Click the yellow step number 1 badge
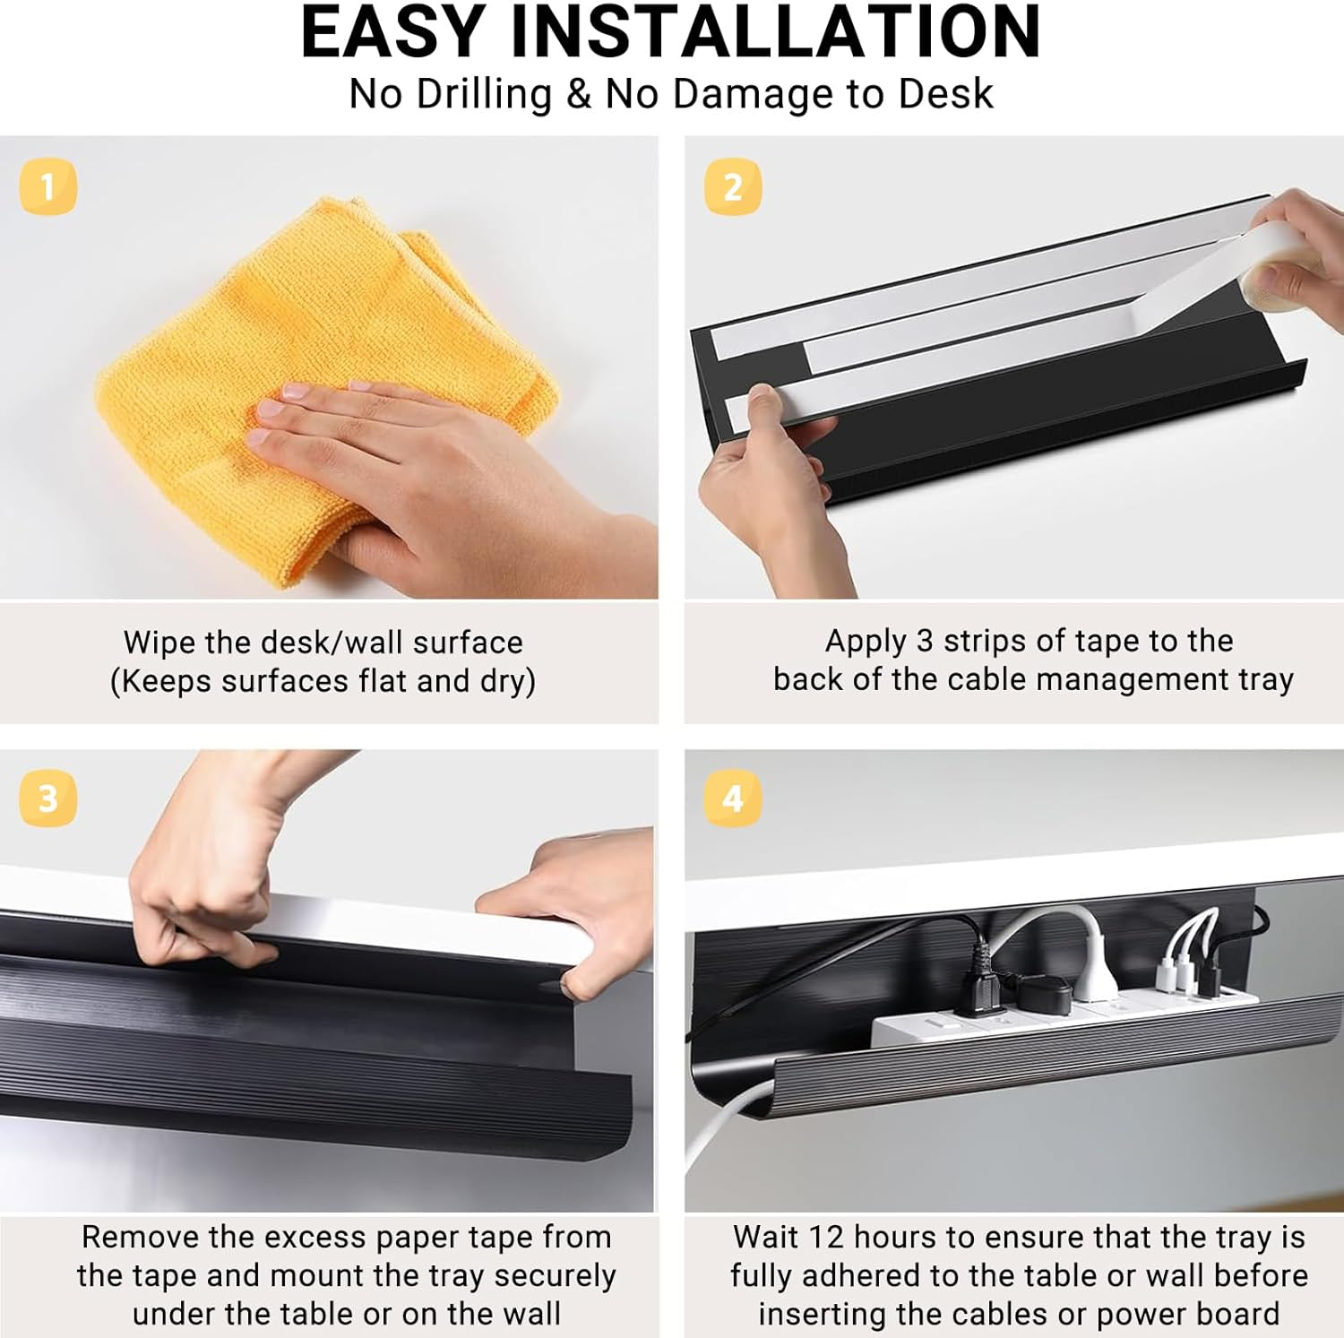click(47, 186)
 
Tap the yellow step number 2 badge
click(732, 186)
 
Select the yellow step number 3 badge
click(47, 798)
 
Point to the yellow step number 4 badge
click(732, 798)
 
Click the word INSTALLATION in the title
click(775, 32)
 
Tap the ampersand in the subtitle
click(579, 94)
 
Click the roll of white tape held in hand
click(1290, 269)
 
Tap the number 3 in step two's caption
click(925, 641)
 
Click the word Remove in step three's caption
click(140, 1238)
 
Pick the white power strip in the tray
click(1057, 1017)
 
